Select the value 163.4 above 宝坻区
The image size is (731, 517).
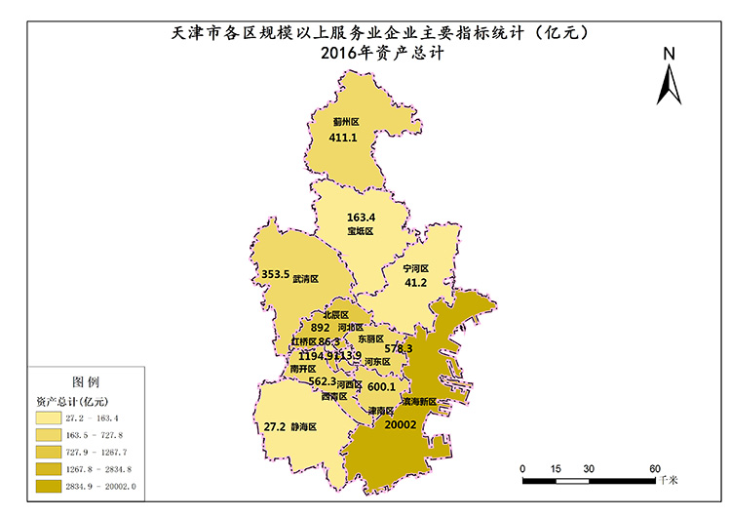361,217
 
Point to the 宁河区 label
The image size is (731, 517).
416,268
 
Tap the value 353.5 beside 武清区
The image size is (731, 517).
276,275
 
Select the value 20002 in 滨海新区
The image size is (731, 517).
401,424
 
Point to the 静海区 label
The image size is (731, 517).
304,427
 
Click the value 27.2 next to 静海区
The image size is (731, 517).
275,427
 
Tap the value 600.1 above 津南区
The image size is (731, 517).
381,386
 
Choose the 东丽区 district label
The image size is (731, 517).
371,338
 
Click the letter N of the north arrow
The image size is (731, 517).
669,55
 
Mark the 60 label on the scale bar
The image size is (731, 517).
656,468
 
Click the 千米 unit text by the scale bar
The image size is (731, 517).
669,481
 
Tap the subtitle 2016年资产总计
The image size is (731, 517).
375,55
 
